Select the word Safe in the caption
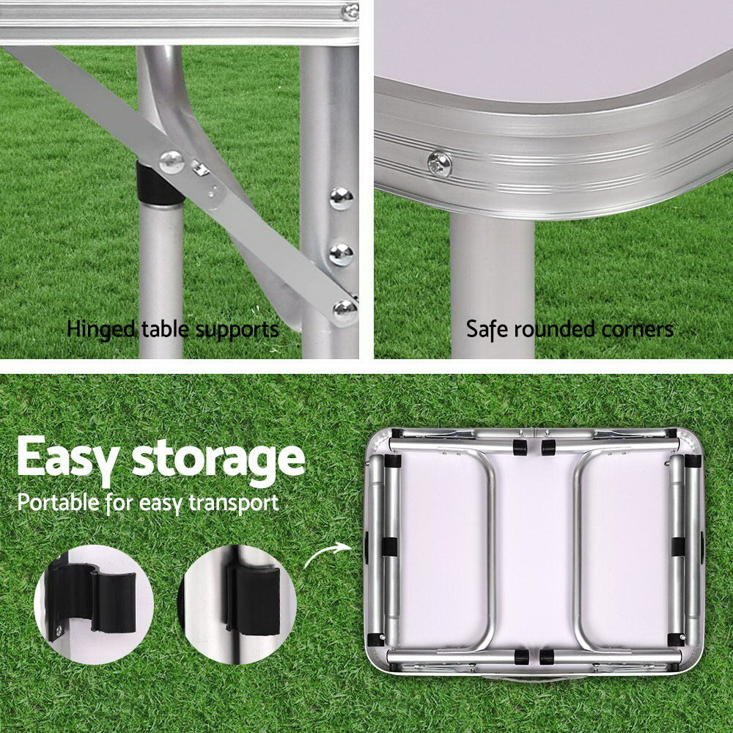pos(487,329)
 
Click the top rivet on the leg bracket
pos(342,197)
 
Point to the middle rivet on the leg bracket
pos(341,254)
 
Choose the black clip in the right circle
pos(254,598)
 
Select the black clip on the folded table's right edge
pos(678,547)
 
